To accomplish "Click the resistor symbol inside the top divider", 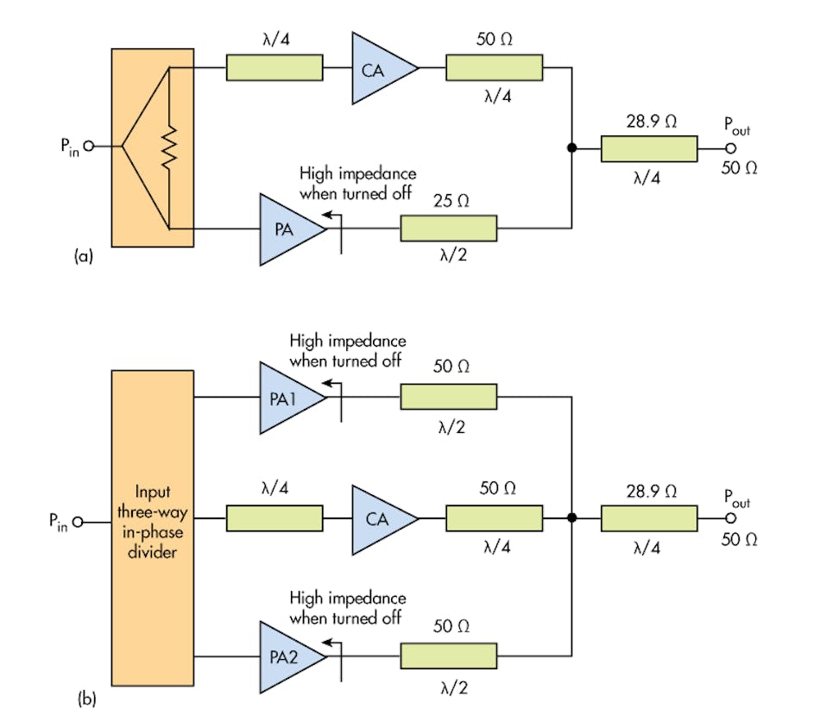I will [x=169, y=147].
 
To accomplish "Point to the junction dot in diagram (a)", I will [x=571, y=148].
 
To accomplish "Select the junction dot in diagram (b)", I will [x=571, y=518].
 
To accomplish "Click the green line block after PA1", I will [x=448, y=398].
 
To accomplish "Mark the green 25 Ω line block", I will [x=448, y=229].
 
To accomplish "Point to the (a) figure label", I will [x=84, y=255].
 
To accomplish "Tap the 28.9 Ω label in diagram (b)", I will [x=650, y=489].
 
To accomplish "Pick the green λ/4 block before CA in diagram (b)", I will [x=274, y=518].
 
